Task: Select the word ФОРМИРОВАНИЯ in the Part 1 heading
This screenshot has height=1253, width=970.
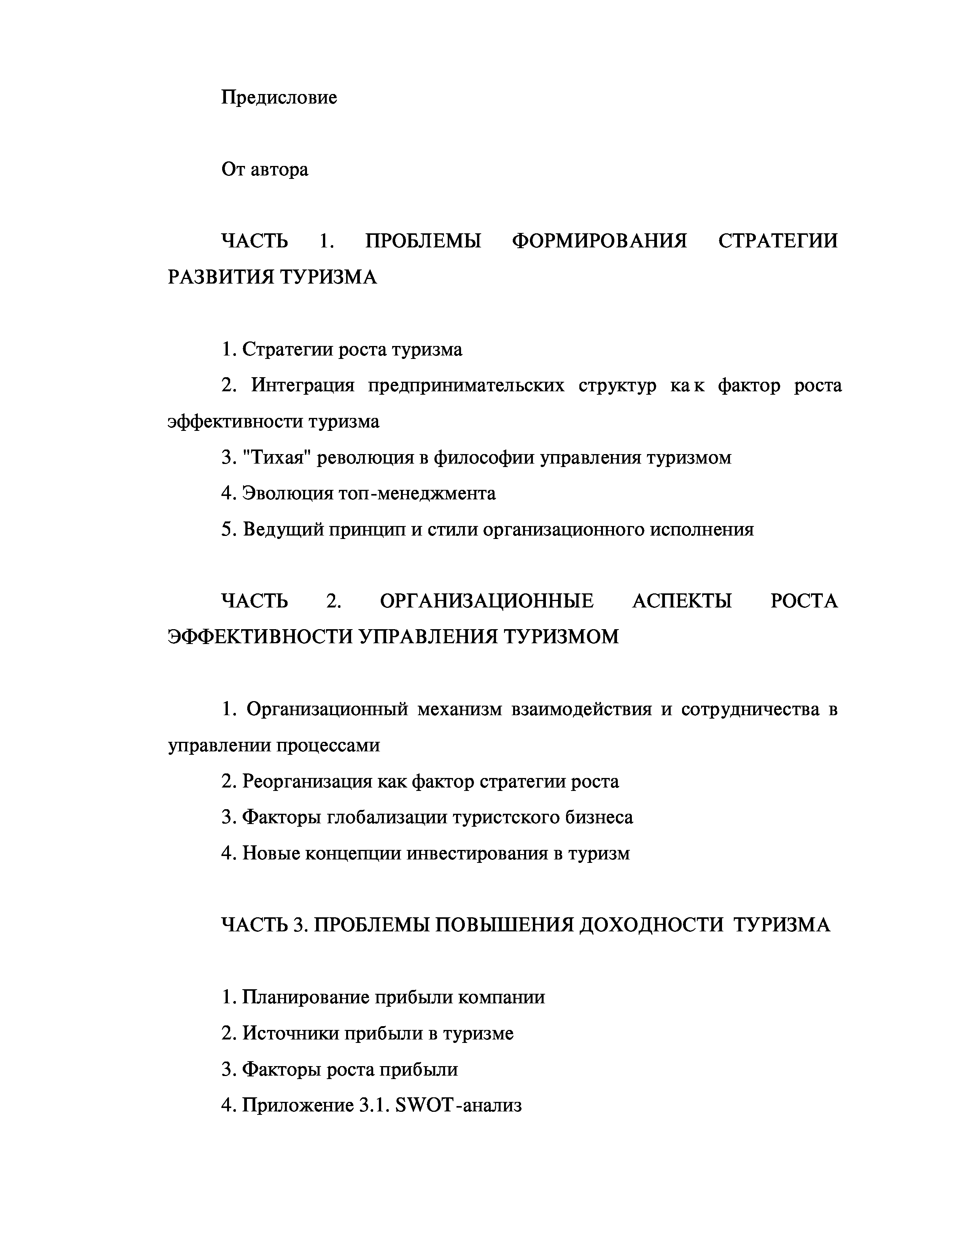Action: pyautogui.click(x=599, y=241)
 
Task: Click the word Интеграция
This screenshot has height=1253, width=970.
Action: pyautogui.click(x=303, y=386)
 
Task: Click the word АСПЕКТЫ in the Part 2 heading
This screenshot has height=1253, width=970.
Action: pyautogui.click(x=682, y=601)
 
